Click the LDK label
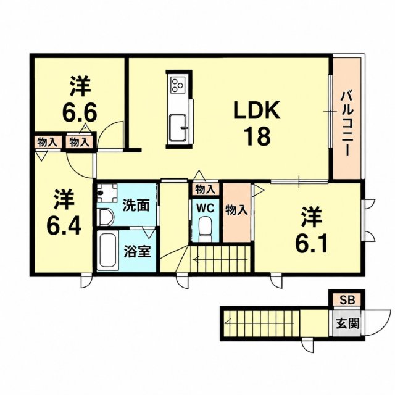click(257, 110)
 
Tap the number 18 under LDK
click(257, 136)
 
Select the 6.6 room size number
click(80, 112)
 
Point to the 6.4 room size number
click(64, 226)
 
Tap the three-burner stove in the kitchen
click(178, 85)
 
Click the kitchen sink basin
click(178, 128)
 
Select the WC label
click(206, 208)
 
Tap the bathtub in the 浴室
click(108, 251)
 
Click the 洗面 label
click(136, 206)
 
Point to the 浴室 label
click(137, 251)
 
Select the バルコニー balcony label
click(347, 124)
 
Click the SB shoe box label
click(347, 300)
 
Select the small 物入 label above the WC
click(206, 189)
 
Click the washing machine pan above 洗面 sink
click(107, 193)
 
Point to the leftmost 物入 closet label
click(47, 143)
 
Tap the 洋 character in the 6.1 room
click(312, 217)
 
